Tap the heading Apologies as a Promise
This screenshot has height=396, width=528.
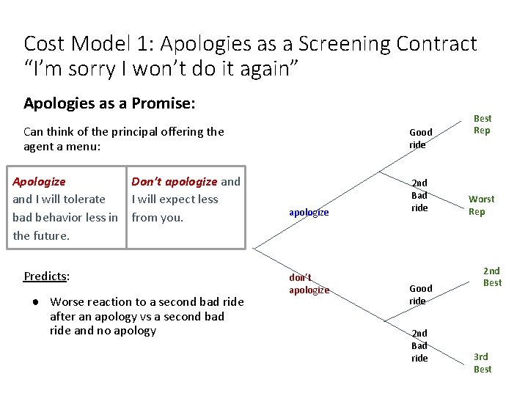point(109,103)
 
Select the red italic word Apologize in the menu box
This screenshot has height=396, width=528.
point(39,181)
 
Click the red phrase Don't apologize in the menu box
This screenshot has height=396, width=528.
point(174,181)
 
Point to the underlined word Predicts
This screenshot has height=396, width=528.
point(45,276)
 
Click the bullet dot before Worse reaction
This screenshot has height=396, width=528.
point(36,302)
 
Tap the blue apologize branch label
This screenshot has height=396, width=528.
point(309,213)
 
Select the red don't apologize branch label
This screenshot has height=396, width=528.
point(309,283)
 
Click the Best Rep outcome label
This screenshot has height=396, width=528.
point(482,124)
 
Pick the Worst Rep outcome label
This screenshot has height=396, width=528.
point(481,205)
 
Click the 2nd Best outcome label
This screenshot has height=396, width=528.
point(492,276)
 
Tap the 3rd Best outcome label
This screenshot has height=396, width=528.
point(482,363)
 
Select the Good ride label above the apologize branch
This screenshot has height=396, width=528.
point(420,138)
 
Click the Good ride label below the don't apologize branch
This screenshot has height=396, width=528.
point(420,295)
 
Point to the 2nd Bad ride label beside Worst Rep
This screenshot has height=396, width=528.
point(419,195)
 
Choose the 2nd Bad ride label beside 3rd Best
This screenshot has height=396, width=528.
point(419,345)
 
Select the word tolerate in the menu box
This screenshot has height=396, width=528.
point(81,199)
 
